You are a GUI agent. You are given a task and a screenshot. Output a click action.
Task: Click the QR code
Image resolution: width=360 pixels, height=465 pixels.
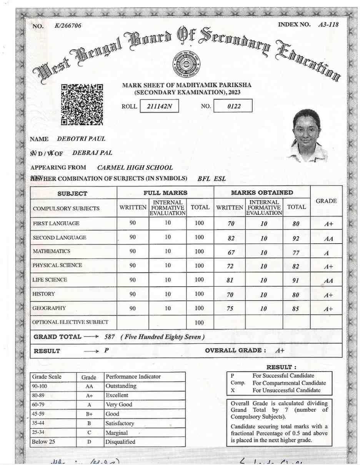[x=82, y=105]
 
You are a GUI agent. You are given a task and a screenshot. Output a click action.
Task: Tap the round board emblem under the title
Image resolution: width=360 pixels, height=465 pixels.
[x=187, y=63]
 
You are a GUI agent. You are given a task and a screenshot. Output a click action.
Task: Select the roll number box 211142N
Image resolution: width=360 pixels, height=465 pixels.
[x=159, y=106]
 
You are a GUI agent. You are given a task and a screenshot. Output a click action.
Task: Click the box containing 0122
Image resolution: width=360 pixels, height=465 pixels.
[x=233, y=106]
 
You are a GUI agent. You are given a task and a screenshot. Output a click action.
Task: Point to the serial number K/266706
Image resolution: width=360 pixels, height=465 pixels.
[x=68, y=26]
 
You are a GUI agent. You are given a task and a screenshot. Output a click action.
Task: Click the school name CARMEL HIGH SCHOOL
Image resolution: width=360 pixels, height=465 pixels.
[x=135, y=168]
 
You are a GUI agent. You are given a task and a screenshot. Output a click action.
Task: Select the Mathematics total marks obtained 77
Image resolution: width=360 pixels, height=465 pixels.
[x=296, y=253]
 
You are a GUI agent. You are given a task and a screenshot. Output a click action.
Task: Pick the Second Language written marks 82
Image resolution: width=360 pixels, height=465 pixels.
[x=231, y=239]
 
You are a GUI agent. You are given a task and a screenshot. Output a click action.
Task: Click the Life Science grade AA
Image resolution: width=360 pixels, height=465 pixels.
[x=328, y=281]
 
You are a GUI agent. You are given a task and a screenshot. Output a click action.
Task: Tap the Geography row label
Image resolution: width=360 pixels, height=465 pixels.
[x=49, y=308]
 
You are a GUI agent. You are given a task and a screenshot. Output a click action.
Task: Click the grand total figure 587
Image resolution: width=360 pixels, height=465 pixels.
[x=110, y=337]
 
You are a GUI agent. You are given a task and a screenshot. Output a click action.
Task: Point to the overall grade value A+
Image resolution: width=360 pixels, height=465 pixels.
[x=280, y=350]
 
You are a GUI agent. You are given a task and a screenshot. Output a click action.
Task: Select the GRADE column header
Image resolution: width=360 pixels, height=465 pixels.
[x=326, y=201]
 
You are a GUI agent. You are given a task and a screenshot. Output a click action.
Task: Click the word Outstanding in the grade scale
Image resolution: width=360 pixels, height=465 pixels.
[x=121, y=386]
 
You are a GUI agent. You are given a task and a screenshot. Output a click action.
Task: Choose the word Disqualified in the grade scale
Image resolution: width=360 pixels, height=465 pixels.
[x=120, y=442]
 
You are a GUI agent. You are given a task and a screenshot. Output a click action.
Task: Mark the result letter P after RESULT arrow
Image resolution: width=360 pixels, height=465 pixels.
[x=107, y=350]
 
